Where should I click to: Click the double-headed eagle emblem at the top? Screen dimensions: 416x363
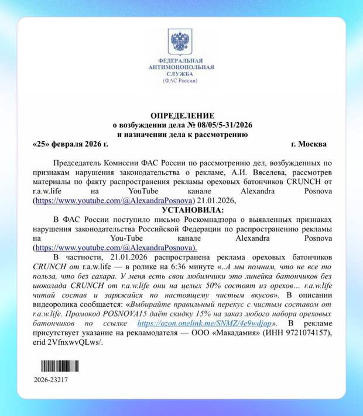click(x=181, y=41)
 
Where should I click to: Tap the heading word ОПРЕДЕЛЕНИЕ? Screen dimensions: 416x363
click(x=181, y=116)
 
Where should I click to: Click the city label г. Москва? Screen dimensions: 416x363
click(x=309, y=144)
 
